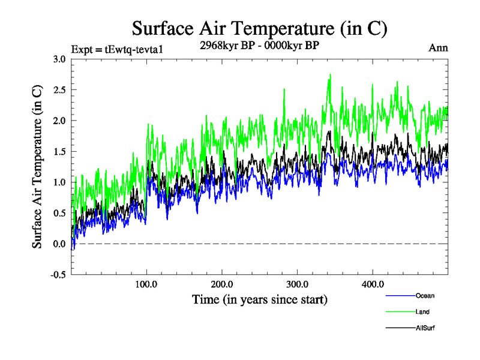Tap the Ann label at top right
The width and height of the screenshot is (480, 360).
click(438, 48)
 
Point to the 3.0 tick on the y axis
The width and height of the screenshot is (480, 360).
click(59, 59)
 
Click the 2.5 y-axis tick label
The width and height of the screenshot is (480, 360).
click(59, 89)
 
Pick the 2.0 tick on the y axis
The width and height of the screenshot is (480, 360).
click(59, 121)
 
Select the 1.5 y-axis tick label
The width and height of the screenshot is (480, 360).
click(59, 151)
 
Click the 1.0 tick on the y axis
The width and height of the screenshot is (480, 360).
click(59, 182)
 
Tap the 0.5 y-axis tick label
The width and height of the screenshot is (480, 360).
click(59, 213)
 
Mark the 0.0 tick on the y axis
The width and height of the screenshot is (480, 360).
click(59, 244)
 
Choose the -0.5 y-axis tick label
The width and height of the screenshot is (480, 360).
click(58, 275)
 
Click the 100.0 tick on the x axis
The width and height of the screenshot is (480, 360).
click(146, 284)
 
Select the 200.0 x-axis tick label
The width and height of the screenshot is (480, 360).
click(222, 284)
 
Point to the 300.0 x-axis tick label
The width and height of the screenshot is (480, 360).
click(298, 284)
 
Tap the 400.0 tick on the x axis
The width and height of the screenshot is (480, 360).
click(373, 284)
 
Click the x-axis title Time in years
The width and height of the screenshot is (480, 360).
click(259, 299)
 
